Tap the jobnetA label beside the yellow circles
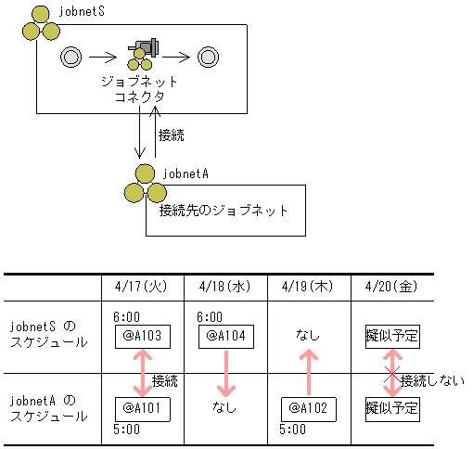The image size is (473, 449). (185, 172)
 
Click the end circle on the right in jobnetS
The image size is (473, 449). (208, 58)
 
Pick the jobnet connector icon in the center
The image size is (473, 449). (142, 53)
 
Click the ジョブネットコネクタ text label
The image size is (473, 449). (139, 89)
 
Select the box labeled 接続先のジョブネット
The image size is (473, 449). (224, 211)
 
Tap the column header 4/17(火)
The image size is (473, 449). (142, 288)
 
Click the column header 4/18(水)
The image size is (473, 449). (225, 288)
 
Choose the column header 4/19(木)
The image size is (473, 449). (309, 288)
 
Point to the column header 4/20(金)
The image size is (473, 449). (392, 288)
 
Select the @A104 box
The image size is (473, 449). (225, 336)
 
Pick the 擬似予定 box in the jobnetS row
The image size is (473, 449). (392, 336)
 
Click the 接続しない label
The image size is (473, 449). (433, 379)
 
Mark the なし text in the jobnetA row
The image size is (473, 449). (224, 407)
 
